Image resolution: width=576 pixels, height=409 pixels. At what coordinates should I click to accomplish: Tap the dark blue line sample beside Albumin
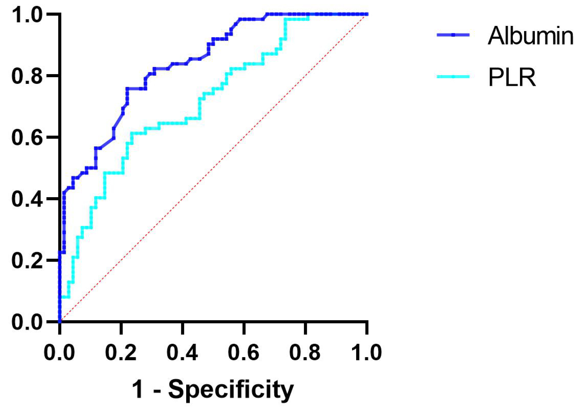(453, 35)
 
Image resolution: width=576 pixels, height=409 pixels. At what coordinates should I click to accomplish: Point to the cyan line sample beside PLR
(453, 76)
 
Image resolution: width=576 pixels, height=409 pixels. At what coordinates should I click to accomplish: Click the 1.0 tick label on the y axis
(27, 14)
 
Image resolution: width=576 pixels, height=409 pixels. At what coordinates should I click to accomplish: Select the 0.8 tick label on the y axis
(27, 76)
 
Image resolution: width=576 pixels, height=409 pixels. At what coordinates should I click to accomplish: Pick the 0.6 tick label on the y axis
(27, 137)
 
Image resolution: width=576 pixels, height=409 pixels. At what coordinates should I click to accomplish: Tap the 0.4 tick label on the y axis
(27, 199)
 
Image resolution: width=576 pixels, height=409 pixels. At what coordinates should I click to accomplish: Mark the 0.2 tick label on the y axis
(27, 261)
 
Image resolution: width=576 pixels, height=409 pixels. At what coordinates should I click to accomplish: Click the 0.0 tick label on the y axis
(27, 322)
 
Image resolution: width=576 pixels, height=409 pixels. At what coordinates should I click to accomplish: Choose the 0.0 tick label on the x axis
(59, 353)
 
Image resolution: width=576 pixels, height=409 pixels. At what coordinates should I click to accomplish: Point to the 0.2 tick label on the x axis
(121, 353)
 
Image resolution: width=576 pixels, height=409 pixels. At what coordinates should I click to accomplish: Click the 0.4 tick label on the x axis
(182, 353)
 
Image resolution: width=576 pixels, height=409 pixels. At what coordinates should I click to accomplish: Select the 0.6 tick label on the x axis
(243, 353)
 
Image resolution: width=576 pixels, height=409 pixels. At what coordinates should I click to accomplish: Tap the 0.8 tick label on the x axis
(305, 353)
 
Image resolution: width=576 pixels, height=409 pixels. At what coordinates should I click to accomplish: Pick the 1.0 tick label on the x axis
(367, 353)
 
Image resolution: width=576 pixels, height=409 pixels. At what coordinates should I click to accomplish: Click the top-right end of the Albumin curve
(367, 14)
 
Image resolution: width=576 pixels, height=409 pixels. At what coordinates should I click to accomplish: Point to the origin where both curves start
(60, 321)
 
